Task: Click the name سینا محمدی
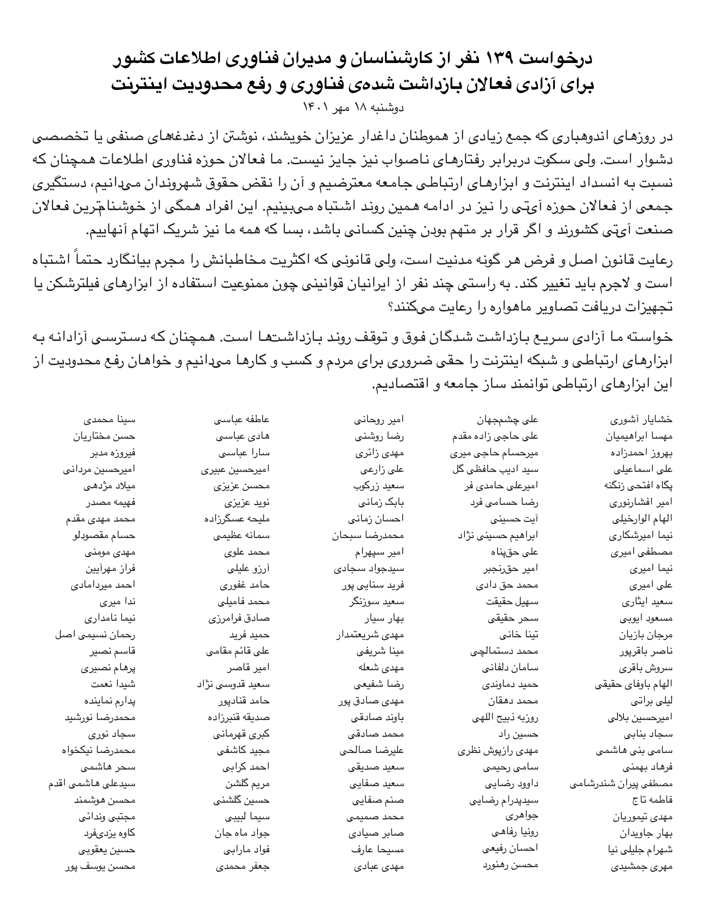tap(109, 419)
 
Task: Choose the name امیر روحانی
tap(379, 419)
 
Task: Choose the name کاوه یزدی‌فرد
tap(109, 833)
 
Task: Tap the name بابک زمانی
tap(380, 502)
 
